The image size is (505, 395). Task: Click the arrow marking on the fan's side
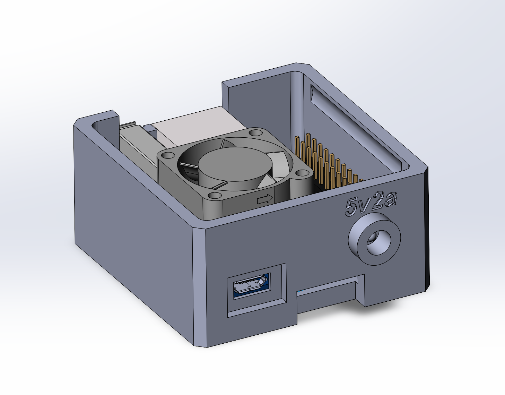(x=265, y=199)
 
